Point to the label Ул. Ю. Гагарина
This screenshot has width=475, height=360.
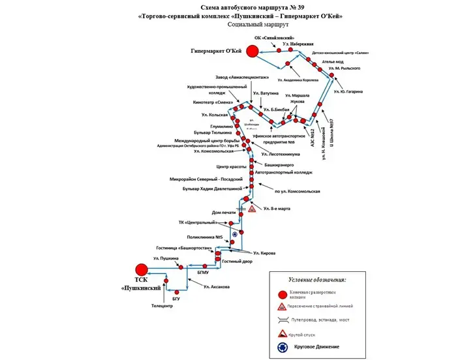(348, 91)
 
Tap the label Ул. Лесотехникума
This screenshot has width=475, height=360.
(281, 155)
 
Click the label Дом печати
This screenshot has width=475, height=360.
(224, 212)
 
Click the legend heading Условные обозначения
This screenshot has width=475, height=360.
(317, 279)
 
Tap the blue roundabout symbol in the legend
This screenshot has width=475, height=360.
(283, 348)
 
